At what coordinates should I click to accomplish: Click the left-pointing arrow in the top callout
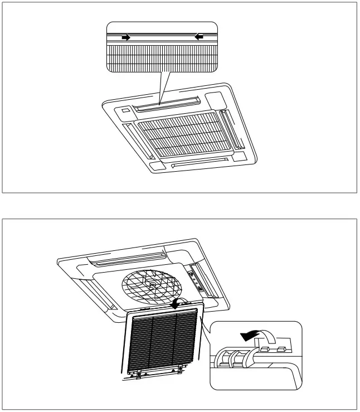click(199, 37)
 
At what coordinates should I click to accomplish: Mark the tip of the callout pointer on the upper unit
click(160, 104)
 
